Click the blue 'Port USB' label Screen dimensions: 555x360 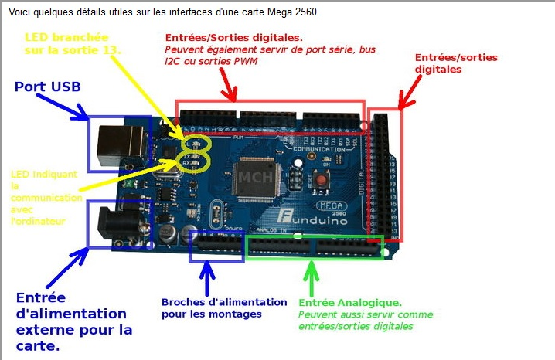48,87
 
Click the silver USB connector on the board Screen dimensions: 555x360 121,144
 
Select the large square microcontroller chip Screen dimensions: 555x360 255,177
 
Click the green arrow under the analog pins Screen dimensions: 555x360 312,273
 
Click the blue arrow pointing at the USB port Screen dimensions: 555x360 80,109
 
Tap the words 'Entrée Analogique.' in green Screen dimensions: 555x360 349,303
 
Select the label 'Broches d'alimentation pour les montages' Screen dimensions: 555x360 212,307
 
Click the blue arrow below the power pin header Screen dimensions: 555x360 207,273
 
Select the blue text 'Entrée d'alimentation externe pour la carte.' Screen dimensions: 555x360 74,321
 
